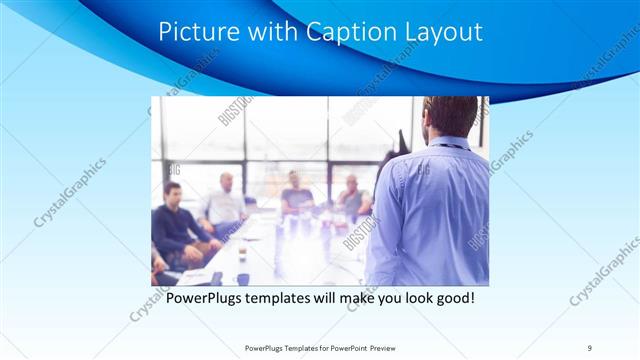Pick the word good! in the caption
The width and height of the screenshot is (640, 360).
point(451,298)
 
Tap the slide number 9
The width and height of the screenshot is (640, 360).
point(590,347)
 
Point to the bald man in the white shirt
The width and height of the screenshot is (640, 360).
point(226,205)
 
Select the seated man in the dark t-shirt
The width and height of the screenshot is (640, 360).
point(295,195)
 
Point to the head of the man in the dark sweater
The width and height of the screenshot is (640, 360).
point(172,191)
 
